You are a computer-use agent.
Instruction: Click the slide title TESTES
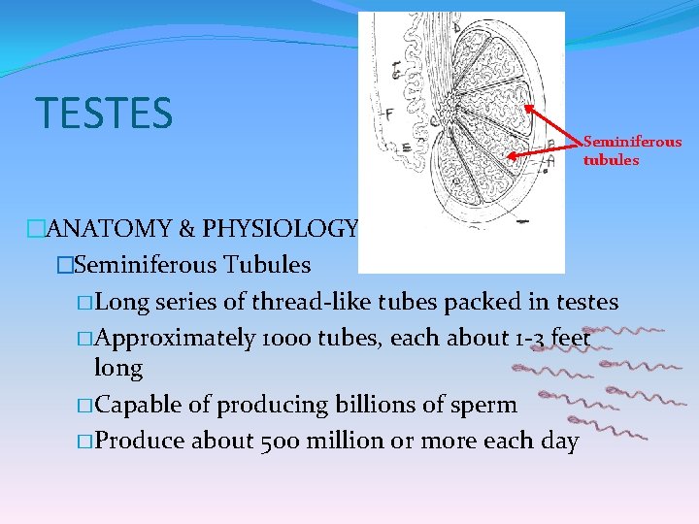(104, 113)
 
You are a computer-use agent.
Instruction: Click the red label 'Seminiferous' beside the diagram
(632, 142)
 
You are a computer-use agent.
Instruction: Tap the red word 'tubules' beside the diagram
(611, 160)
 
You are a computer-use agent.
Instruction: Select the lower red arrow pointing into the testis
(544, 149)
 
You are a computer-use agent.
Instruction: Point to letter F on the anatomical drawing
(388, 114)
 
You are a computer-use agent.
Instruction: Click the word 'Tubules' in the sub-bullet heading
(267, 264)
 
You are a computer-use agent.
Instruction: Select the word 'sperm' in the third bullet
(485, 405)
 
